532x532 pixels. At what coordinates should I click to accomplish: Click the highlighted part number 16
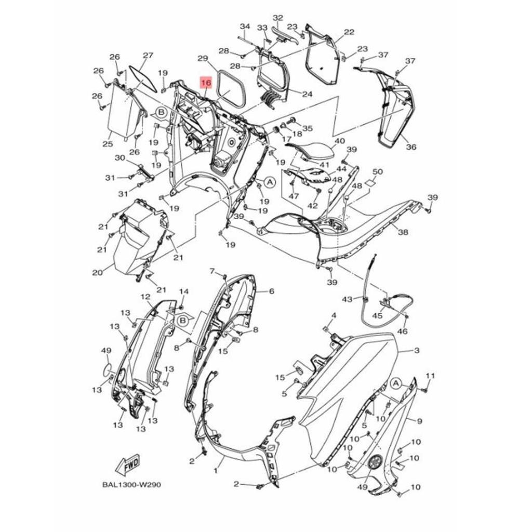click(206, 83)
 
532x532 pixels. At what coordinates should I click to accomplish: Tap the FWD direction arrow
click(128, 465)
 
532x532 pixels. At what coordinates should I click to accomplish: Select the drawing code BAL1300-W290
click(131, 485)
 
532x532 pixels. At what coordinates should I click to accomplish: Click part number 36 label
click(411, 147)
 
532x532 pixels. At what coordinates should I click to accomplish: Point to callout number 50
click(378, 171)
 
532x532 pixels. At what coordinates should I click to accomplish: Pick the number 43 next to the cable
click(347, 299)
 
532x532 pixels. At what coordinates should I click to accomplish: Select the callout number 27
click(148, 55)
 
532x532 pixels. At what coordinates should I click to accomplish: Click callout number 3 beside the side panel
click(417, 351)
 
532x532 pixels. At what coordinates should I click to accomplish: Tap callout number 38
click(403, 232)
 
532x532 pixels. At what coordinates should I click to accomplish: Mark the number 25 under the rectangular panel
click(108, 144)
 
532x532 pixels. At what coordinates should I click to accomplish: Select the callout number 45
click(378, 315)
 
